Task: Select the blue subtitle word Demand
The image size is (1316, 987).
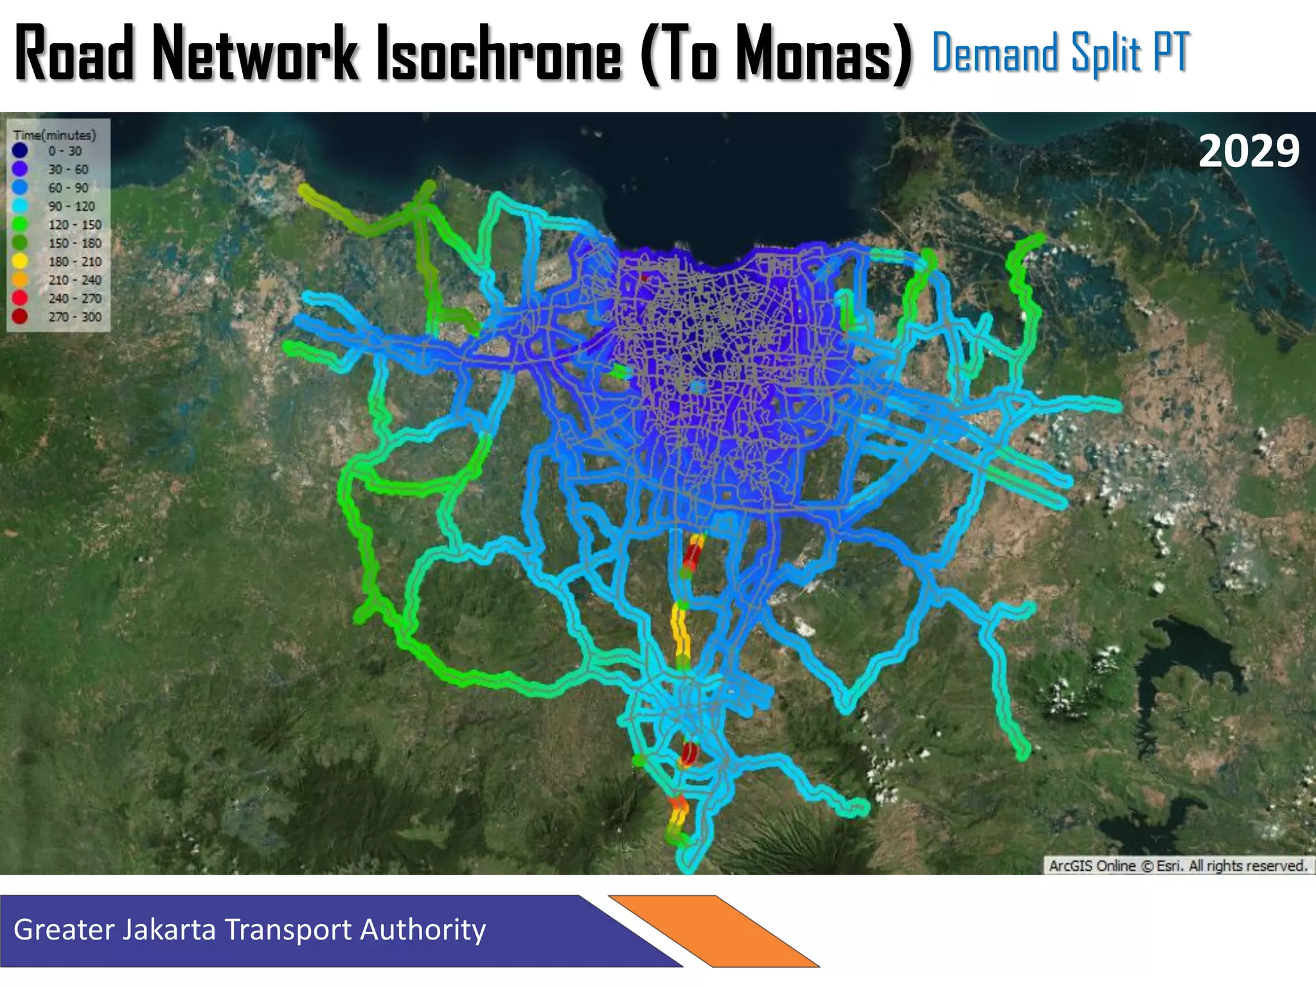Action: pos(995,53)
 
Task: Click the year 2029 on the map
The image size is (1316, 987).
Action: pos(1249,152)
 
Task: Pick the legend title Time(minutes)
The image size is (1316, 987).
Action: pos(55,135)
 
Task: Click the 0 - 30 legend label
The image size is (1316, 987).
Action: pos(65,151)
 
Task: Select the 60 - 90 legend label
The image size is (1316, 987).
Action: pos(68,188)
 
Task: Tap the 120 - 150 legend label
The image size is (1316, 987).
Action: pos(75,225)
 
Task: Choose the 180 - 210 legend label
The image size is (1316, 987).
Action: pos(75,262)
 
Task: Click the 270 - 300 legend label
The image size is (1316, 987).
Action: pos(75,317)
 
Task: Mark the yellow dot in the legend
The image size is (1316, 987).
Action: pos(20,262)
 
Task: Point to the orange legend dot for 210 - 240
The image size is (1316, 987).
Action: pos(20,280)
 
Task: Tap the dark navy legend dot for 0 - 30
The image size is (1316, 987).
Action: pos(20,151)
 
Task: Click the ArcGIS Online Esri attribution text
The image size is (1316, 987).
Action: pos(1178,866)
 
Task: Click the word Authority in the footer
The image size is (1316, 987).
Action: pos(422,930)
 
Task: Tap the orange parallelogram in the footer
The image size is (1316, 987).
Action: pos(713,930)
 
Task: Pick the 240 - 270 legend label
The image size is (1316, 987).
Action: pos(75,299)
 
